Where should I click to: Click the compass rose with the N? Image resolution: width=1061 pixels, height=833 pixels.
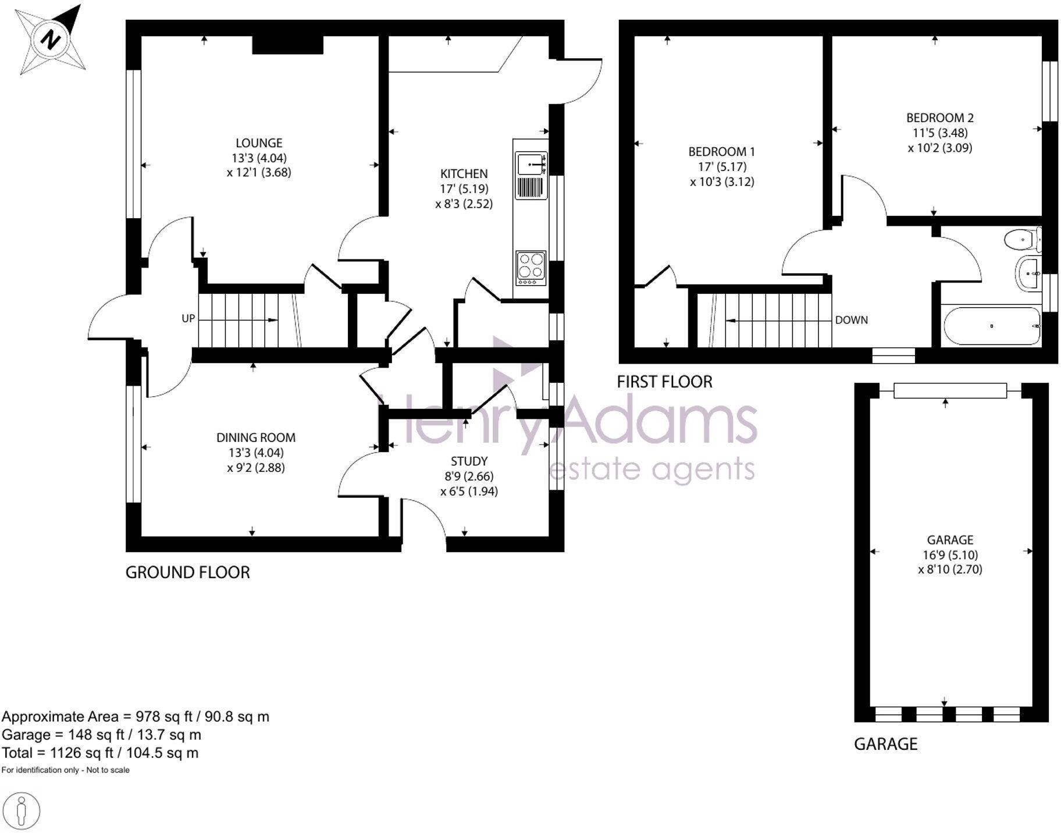point(51,40)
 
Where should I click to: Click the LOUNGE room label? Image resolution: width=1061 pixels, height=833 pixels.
point(259,143)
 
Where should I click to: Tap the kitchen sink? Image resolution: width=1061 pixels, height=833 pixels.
point(530,164)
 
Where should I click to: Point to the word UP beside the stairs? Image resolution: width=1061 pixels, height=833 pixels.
point(188,319)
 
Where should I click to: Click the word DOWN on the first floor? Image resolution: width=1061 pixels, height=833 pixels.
point(851,320)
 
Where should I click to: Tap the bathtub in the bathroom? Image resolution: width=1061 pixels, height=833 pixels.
point(992,326)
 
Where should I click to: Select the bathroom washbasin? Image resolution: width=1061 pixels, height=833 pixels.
point(1029,273)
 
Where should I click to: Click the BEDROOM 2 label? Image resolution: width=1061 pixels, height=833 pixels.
point(939,118)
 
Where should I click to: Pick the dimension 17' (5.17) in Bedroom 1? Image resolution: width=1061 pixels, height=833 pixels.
point(721,167)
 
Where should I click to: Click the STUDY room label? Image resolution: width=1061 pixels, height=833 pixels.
point(469,461)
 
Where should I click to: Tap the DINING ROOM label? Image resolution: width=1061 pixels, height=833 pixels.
point(256,438)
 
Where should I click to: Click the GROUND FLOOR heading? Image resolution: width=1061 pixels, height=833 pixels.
point(187,572)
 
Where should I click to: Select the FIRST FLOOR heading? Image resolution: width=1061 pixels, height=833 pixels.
point(664,382)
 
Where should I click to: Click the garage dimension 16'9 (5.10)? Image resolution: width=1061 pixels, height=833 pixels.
point(950,555)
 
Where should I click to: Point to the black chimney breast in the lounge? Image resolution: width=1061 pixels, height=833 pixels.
point(287,45)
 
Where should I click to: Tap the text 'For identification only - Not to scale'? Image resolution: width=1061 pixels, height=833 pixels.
point(65,770)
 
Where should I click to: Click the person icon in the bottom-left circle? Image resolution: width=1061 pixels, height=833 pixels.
point(22,810)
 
